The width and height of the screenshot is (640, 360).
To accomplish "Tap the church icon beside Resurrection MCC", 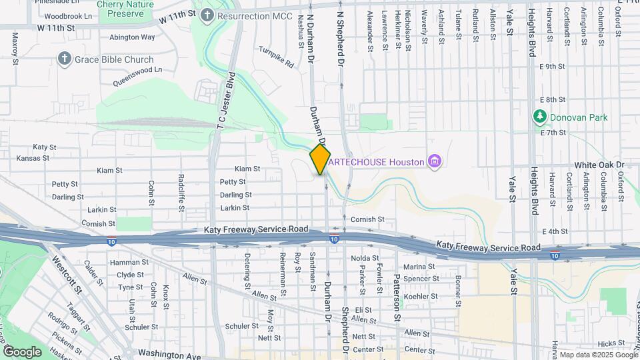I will pyautogui.click(x=207, y=14).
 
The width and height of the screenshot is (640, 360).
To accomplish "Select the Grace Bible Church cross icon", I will pyautogui.click(x=65, y=59).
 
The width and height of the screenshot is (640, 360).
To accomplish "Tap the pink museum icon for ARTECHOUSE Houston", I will pyautogui.click(x=435, y=161).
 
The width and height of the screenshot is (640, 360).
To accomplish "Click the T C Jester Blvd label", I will pyautogui.click(x=223, y=100).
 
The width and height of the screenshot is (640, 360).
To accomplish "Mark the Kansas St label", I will pyautogui.click(x=33, y=159).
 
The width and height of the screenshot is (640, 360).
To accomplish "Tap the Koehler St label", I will pyautogui.click(x=420, y=296).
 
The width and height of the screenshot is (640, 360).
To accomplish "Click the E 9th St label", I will pyautogui.click(x=551, y=67).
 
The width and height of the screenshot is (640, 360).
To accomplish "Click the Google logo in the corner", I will pyautogui.click(x=22, y=351).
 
